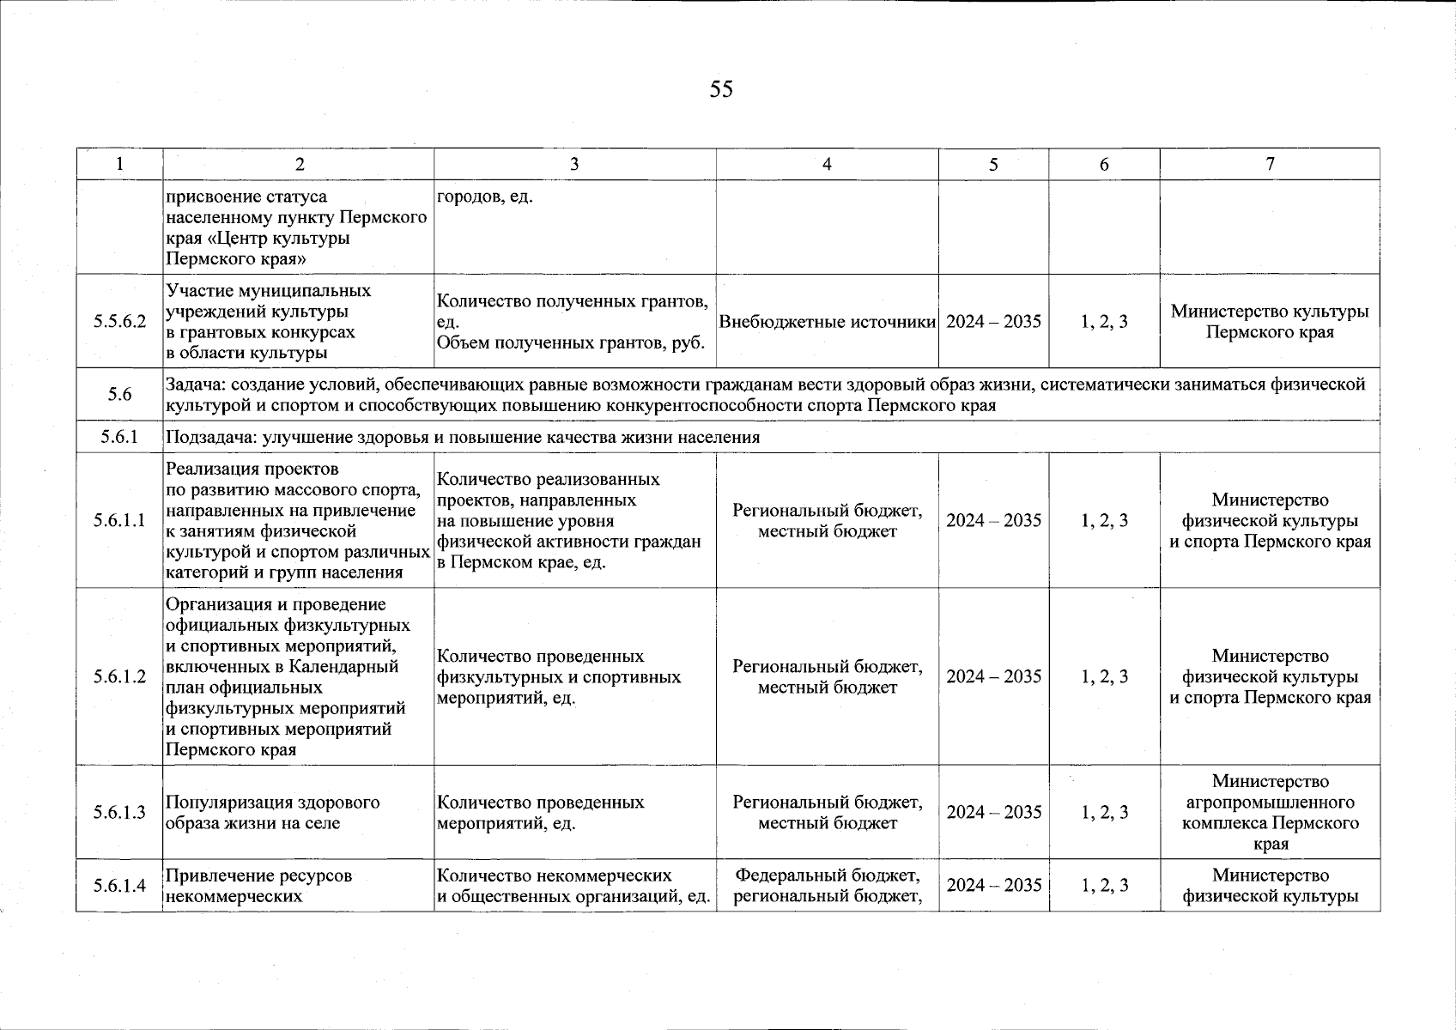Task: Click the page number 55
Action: (x=721, y=89)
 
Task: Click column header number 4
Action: (x=826, y=164)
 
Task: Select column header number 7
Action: (x=1269, y=164)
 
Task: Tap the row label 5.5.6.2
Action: (x=119, y=322)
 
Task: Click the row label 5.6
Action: (x=119, y=395)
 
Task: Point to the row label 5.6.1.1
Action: (x=119, y=521)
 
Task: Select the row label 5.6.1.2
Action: (x=119, y=676)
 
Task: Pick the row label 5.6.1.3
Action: (x=119, y=812)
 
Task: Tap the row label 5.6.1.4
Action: (x=119, y=886)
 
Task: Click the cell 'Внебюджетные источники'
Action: (x=827, y=322)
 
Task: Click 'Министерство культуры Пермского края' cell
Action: (x=1269, y=322)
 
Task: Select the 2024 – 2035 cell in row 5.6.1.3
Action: (x=993, y=812)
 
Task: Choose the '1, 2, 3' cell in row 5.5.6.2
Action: (x=1104, y=322)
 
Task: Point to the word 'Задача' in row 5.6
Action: (x=193, y=385)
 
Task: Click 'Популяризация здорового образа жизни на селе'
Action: (x=273, y=813)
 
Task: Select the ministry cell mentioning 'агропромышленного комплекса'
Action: (x=1269, y=812)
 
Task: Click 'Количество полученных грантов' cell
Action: (x=573, y=322)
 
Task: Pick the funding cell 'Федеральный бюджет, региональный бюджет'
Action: (x=827, y=886)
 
